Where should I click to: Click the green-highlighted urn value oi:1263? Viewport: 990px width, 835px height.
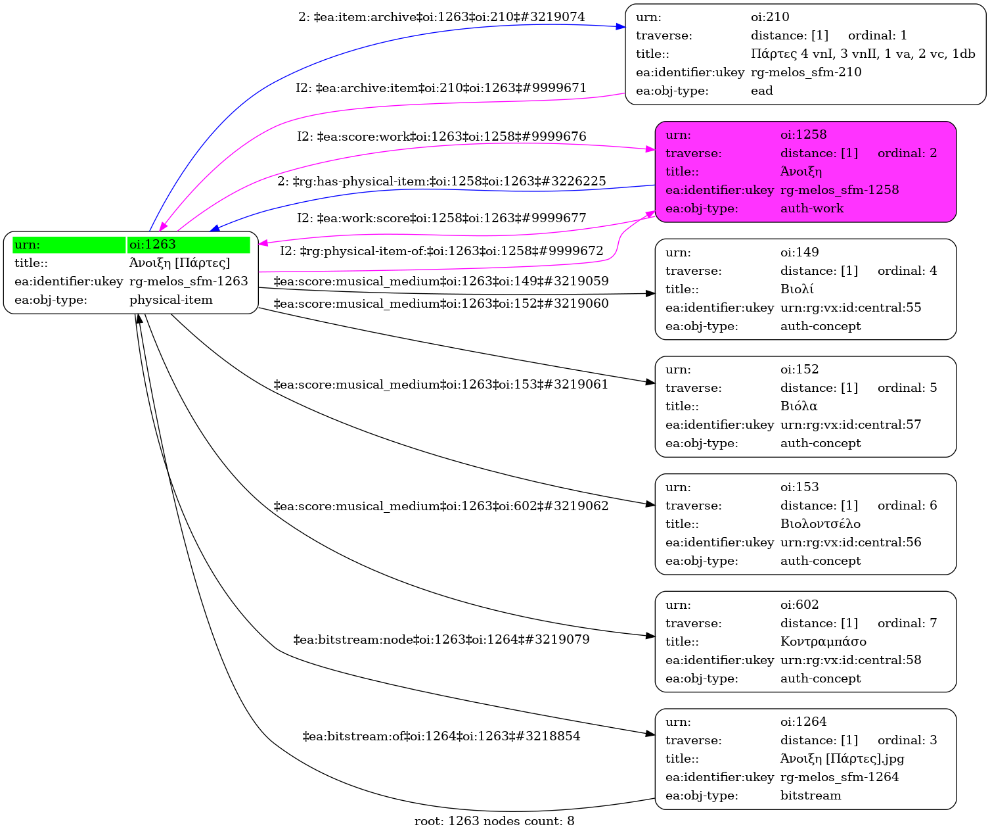pos(152,245)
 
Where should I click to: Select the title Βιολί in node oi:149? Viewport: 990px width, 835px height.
pos(797,289)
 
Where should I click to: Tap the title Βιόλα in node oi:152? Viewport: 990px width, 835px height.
pos(799,406)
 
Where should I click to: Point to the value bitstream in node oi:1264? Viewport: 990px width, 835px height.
pos(811,796)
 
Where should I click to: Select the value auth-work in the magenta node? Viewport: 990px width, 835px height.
pos(812,208)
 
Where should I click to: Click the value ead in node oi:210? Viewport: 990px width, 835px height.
pos(761,91)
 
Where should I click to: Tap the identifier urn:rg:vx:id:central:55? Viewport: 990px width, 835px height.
pos(851,308)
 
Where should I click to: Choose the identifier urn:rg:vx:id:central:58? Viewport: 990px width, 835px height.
pos(851,660)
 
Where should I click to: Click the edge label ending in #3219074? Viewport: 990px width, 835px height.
pos(441,17)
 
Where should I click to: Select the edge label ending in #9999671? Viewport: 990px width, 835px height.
pos(441,88)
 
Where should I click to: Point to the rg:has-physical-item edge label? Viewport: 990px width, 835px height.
pos(441,181)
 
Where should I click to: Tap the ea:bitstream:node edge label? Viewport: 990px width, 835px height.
pos(441,640)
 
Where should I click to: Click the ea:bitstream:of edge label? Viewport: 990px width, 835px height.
pos(441,736)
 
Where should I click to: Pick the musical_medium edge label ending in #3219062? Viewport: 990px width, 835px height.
pos(441,506)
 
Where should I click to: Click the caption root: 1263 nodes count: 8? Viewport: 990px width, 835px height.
pos(494,821)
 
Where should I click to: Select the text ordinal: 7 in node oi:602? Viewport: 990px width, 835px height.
pos(907,623)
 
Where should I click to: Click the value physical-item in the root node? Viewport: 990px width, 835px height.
pos(171,300)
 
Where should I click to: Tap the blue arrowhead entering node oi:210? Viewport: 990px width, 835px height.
pos(620,27)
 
